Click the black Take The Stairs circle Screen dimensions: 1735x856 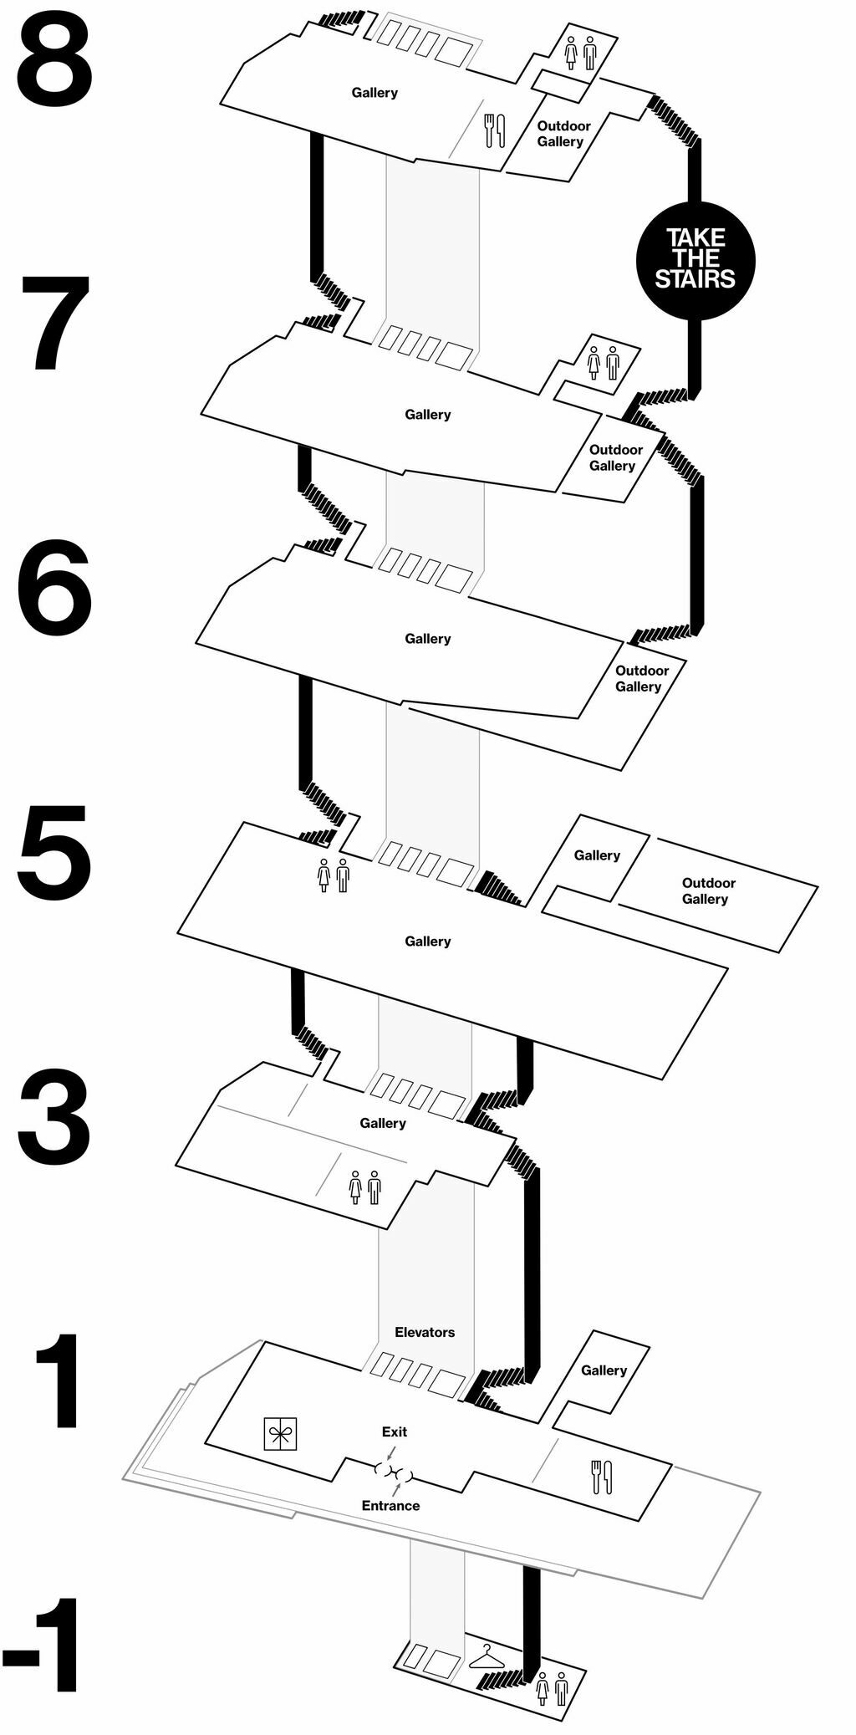[x=695, y=260]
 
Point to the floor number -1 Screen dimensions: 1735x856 [x=43, y=1645]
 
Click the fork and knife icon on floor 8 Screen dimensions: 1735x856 [x=495, y=130]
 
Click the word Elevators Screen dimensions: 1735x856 [x=425, y=1332]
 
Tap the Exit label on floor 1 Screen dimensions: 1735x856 [x=395, y=1431]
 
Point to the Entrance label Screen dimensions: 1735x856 [x=390, y=1505]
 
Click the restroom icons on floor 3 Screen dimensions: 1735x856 [x=364, y=1186]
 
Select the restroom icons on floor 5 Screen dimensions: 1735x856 [x=334, y=875]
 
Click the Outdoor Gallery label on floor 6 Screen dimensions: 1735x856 [x=640, y=678]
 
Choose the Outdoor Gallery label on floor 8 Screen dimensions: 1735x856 [x=563, y=134]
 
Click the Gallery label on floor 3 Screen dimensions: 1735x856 [x=383, y=1123]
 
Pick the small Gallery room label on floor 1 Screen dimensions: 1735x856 [x=604, y=1370]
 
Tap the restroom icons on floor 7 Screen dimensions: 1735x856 [x=603, y=363]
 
